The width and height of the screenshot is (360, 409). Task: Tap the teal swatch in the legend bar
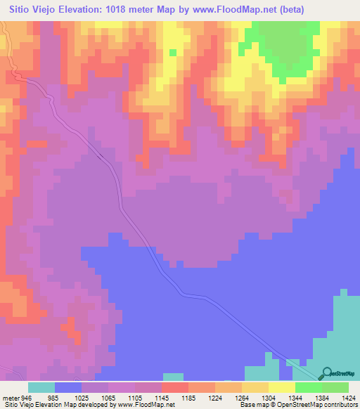coord(41,387)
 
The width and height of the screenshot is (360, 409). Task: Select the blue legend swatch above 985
coord(68,387)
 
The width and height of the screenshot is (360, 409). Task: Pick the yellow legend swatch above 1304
coord(255,387)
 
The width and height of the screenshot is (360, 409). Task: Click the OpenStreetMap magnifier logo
coord(326,374)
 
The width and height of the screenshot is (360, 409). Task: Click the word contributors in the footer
coord(340,404)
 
